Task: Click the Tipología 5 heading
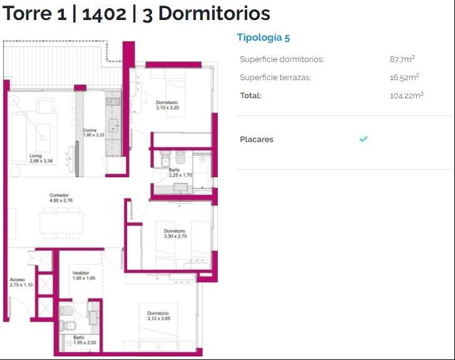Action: point(263,38)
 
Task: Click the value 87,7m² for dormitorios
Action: point(402,59)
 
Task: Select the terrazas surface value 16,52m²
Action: point(404,77)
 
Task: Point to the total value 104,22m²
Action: point(407,96)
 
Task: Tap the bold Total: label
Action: point(251,96)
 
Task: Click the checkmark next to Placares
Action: point(363,139)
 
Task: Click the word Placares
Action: point(257,140)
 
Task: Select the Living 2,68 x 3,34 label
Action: point(41,158)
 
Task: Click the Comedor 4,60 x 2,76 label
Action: point(61,198)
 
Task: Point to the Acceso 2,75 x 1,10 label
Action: point(21,282)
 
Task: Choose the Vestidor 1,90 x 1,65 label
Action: point(84,275)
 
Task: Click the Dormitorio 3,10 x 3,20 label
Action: point(167,105)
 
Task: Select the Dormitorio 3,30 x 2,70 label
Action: point(175,234)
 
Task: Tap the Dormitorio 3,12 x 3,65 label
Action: point(158,316)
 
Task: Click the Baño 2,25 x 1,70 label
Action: point(180,172)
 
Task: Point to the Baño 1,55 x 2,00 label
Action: point(84,340)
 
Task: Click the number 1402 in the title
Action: point(104,14)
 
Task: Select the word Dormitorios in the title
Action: point(215,13)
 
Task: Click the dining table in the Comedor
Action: point(61,223)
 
